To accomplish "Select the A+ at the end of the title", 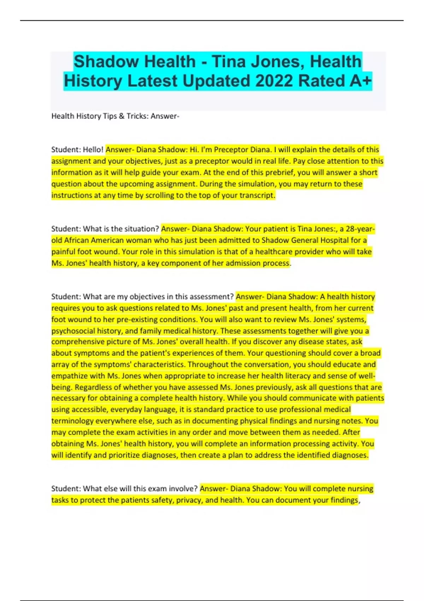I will [x=360, y=81].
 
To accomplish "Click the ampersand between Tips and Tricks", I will [x=122, y=116].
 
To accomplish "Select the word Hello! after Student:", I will [x=93, y=150].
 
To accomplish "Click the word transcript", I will [x=257, y=195].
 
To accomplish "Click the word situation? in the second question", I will [x=140, y=229].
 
